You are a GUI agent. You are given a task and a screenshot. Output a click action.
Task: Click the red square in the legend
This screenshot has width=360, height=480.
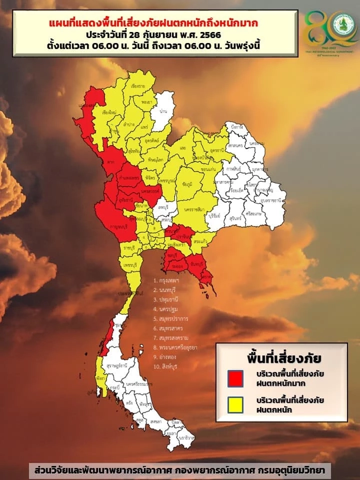point(235,378)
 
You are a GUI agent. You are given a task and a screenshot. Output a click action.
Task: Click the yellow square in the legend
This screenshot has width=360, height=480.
point(235,404)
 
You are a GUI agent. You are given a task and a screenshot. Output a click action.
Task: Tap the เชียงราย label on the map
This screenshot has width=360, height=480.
point(138,86)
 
